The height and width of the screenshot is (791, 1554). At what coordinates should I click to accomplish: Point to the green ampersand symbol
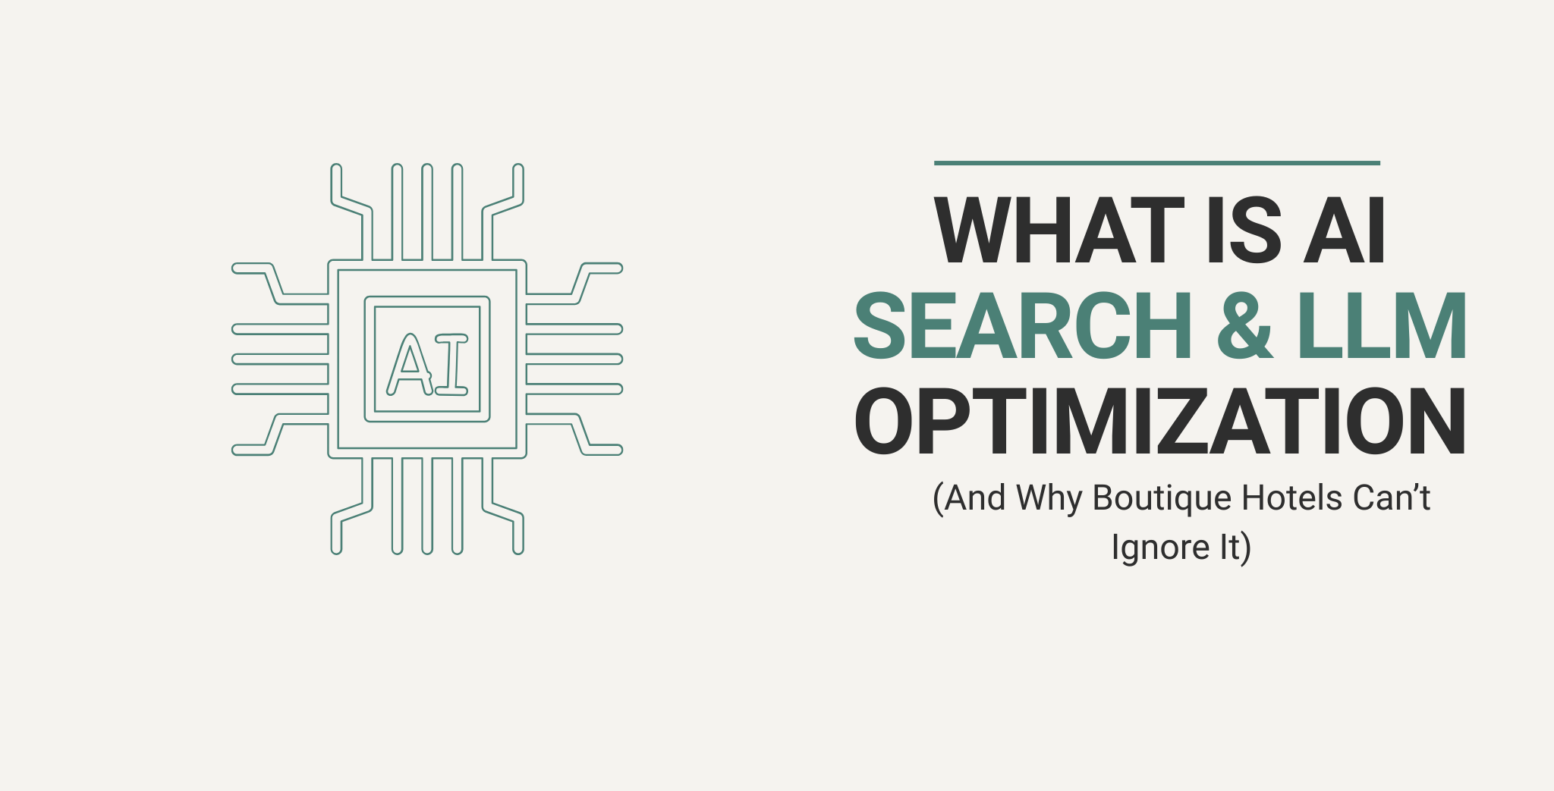click(x=1245, y=326)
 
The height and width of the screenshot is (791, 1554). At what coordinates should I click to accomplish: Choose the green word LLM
click(x=1382, y=326)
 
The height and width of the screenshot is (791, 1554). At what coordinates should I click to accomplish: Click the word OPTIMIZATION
click(x=1160, y=422)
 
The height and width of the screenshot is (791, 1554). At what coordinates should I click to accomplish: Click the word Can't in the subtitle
click(x=1392, y=498)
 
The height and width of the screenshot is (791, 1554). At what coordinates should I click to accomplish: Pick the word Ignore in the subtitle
click(x=1160, y=548)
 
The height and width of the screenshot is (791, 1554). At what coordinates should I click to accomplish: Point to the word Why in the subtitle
click(x=1049, y=499)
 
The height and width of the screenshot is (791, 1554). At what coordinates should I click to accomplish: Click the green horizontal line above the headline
click(x=1156, y=162)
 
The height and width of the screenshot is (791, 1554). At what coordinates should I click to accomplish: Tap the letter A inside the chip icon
click(x=409, y=365)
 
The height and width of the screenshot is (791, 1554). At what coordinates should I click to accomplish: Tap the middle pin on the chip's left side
click(x=280, y=359)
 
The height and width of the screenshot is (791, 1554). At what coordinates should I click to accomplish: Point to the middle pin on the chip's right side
click(x=574, y=359)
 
